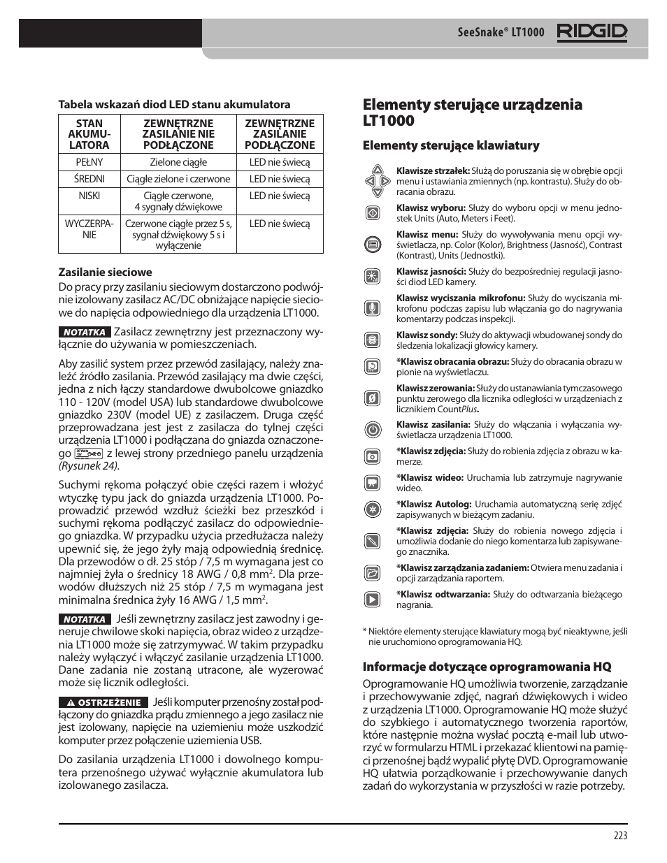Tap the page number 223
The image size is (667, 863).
click(x=619, y=836)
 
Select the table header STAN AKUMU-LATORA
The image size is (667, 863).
click(x=89, y=134)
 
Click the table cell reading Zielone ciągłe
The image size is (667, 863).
click(x=178, y=162)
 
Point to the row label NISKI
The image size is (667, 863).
click(x=89, y=196)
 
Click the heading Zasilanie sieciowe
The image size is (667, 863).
click(x=105, y=273)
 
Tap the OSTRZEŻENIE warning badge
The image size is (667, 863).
click(x=103, y=702)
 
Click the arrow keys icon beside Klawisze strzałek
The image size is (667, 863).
click(x=377, y=181)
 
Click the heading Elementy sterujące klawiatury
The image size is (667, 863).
click(x=450, y=145)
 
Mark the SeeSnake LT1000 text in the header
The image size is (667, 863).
click(x=501, y=33)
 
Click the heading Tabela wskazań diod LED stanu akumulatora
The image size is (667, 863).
click(x=173, y=104)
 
